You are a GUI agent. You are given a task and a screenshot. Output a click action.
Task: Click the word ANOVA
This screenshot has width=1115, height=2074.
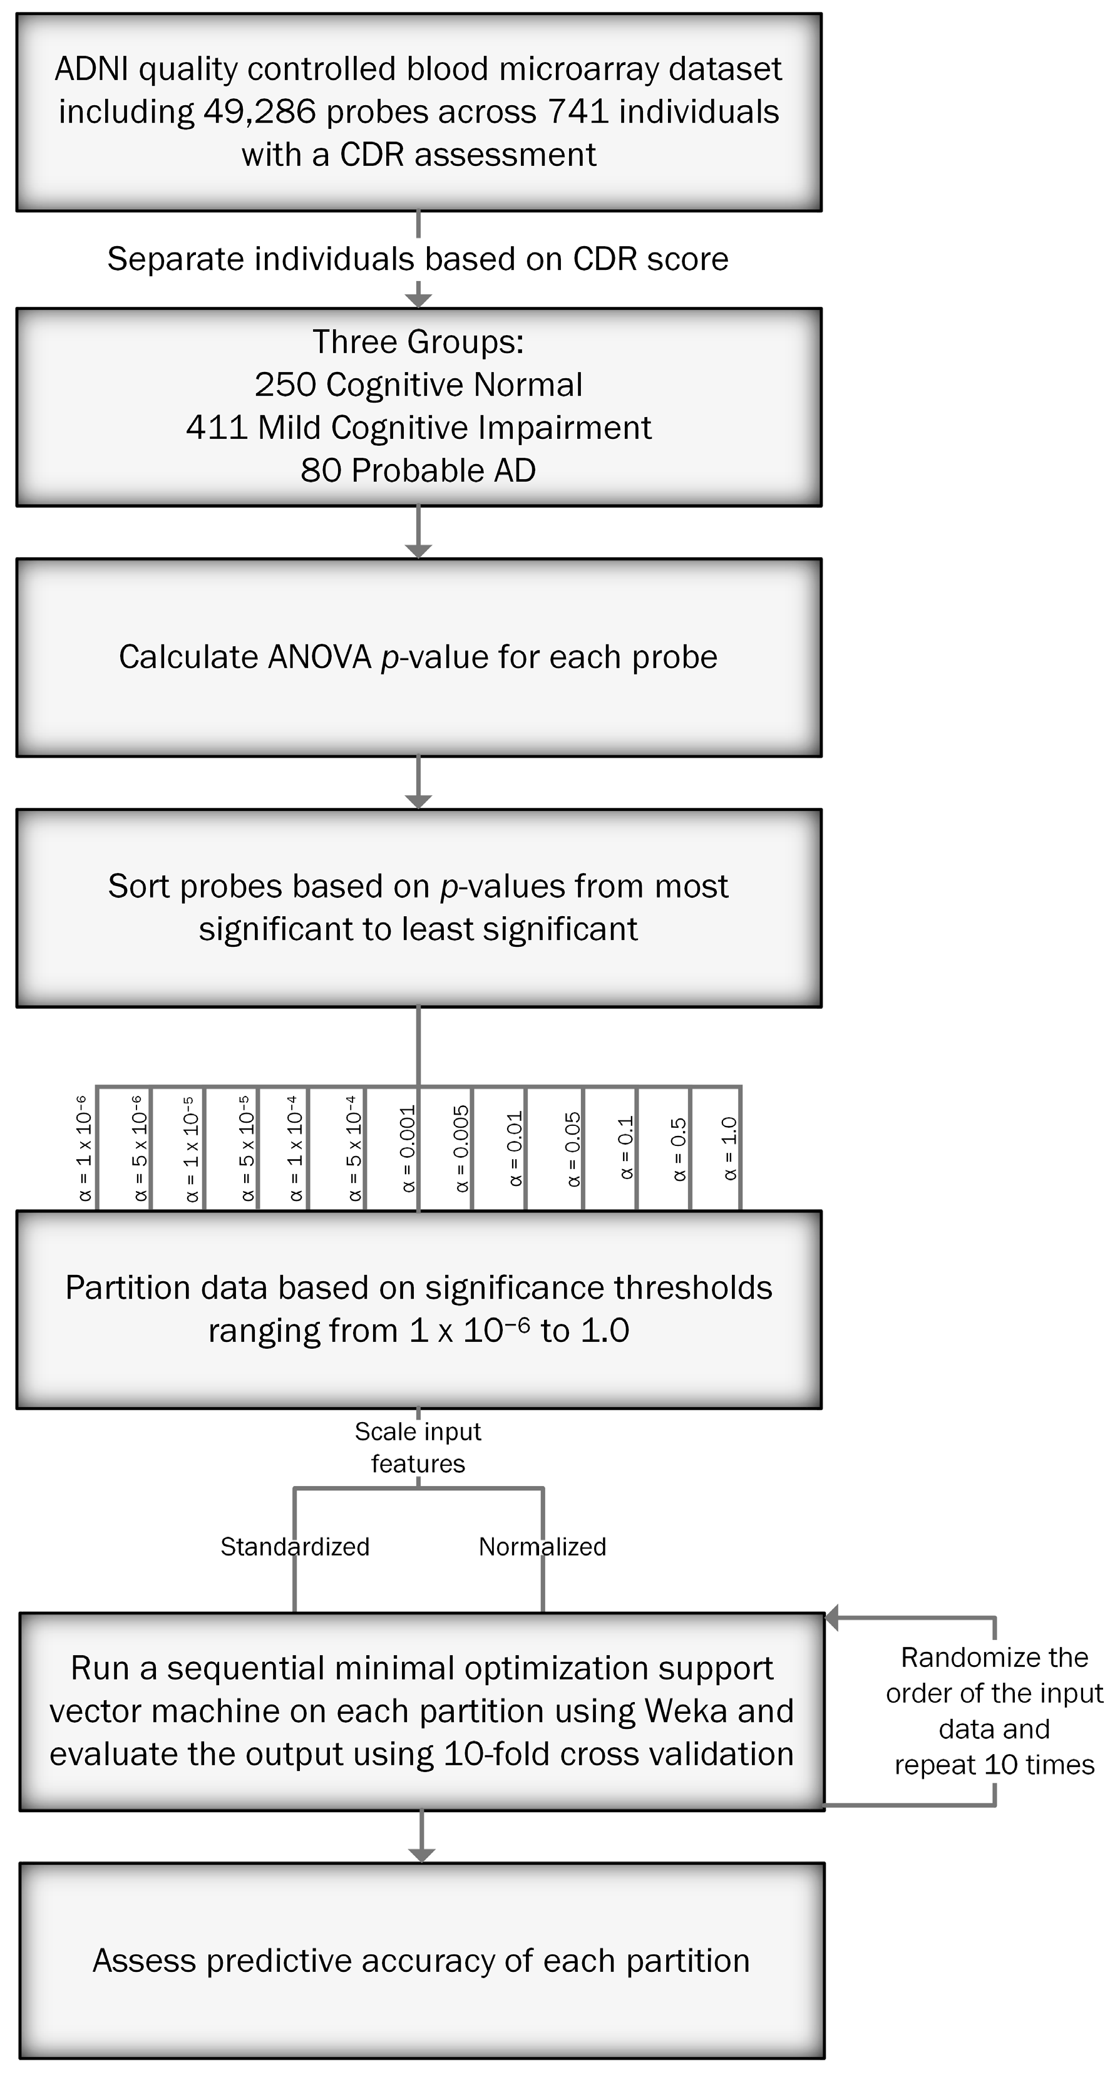[x=320, y=657]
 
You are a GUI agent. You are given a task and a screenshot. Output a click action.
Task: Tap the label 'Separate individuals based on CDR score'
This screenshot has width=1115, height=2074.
[x=418, y=259]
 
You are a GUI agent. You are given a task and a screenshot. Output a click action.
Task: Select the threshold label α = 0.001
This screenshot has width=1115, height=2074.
[x=408, y=1147]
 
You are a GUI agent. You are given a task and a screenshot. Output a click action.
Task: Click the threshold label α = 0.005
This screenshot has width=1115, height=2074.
[x=461, y=1147]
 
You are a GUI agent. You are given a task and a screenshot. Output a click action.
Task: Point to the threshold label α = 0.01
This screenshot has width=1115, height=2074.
[x=515, y=1147]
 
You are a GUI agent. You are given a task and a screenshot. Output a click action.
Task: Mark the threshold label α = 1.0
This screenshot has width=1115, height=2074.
[x=729, y=1148]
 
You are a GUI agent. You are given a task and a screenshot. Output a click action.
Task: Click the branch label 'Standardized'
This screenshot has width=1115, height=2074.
[x=295, y=1547]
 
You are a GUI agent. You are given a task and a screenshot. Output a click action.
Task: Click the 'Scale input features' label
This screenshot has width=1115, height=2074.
[x=418, y=1447]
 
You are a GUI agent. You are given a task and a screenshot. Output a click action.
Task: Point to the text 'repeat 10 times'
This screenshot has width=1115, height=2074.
[x=994, y=1765]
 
